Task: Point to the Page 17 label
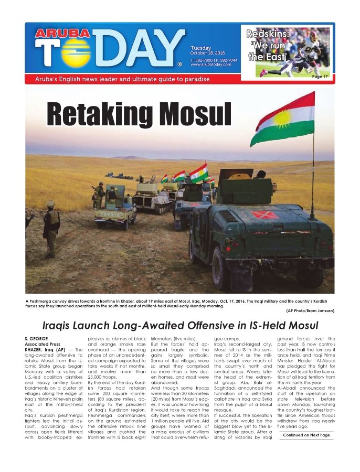pos(320,77)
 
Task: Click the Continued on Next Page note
pos(306,435)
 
